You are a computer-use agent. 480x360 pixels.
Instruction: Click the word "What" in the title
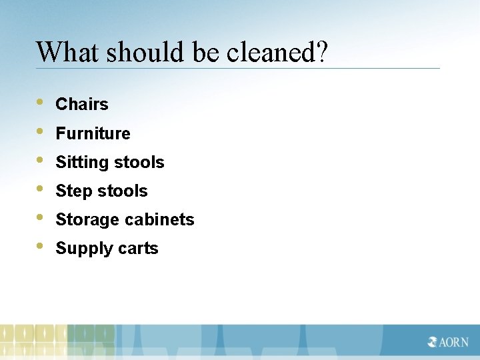62,52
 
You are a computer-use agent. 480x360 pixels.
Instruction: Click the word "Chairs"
82,105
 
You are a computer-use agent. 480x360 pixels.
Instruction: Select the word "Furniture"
93,133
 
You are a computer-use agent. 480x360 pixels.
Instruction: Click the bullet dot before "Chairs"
41,103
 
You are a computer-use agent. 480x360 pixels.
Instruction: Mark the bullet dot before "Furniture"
41,131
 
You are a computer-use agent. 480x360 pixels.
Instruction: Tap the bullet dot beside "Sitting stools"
41,161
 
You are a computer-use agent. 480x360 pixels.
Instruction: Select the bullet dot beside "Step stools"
41,189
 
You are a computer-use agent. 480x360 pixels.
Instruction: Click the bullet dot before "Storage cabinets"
41,218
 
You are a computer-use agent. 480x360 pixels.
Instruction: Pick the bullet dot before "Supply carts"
41,247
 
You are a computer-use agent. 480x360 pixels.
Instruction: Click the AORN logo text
449,342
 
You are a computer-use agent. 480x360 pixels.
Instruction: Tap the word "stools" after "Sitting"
139,163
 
